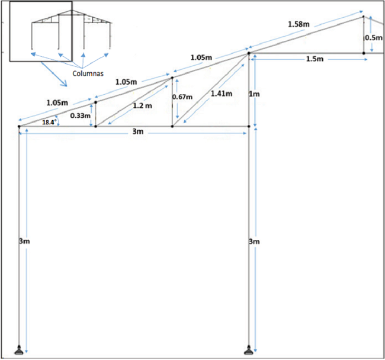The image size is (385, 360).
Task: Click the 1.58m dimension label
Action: click(299, 24)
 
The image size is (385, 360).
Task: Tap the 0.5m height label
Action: click(374, 37)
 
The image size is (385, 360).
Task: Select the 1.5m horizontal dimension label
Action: click(315, 59)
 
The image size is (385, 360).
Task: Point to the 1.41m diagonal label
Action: click(222, 93)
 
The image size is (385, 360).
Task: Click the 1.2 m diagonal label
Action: click(142, 105)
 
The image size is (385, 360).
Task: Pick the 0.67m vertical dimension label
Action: click(182, 97)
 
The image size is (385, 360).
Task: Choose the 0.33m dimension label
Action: click(81, 115)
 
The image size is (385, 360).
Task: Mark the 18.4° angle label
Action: click(49, 122)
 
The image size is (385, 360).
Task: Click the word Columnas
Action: click(88, 73)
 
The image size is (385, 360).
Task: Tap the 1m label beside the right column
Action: click(254, 94)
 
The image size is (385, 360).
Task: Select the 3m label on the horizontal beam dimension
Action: click(138, 131)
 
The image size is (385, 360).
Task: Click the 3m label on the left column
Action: click(24, 241)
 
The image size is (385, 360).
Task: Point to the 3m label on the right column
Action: click(254, 242)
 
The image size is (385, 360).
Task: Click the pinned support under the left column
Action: click(19, 351)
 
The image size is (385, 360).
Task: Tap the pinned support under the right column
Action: click(249, 351)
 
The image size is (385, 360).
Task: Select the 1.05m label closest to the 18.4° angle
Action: click(57, 102)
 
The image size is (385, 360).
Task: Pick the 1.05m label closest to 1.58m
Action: click(201, 57)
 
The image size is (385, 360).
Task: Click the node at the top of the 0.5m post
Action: click(364, 17)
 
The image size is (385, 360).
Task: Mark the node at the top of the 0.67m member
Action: click(172, 78)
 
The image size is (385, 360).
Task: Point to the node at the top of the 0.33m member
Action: click(96, 102)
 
